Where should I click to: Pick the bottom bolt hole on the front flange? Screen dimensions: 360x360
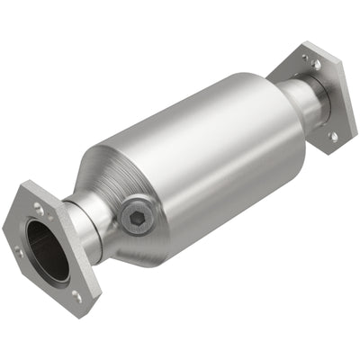click(76, 296)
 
